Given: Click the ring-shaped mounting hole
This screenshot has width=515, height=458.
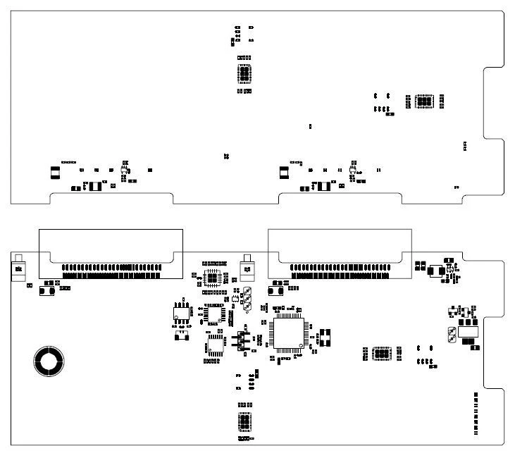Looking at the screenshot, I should (49, 361).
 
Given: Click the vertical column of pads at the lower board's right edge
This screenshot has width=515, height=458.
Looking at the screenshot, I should (476, 413).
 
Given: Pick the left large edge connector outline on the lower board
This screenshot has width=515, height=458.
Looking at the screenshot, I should (111, 254).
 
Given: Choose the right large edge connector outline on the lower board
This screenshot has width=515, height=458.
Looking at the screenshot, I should (340, 254).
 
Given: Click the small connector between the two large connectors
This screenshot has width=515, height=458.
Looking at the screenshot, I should (247, 268).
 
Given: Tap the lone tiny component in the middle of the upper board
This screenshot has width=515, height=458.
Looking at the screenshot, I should (311, 126).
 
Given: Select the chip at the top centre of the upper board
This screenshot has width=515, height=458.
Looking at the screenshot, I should (244, 74).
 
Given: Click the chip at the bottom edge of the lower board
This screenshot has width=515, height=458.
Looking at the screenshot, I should (244, 421).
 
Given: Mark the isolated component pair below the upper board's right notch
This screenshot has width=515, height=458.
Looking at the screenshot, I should (464, 146).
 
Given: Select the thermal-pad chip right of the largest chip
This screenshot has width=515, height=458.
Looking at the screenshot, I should (381, 352).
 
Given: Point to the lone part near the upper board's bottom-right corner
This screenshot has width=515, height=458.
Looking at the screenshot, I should (457, 187).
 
